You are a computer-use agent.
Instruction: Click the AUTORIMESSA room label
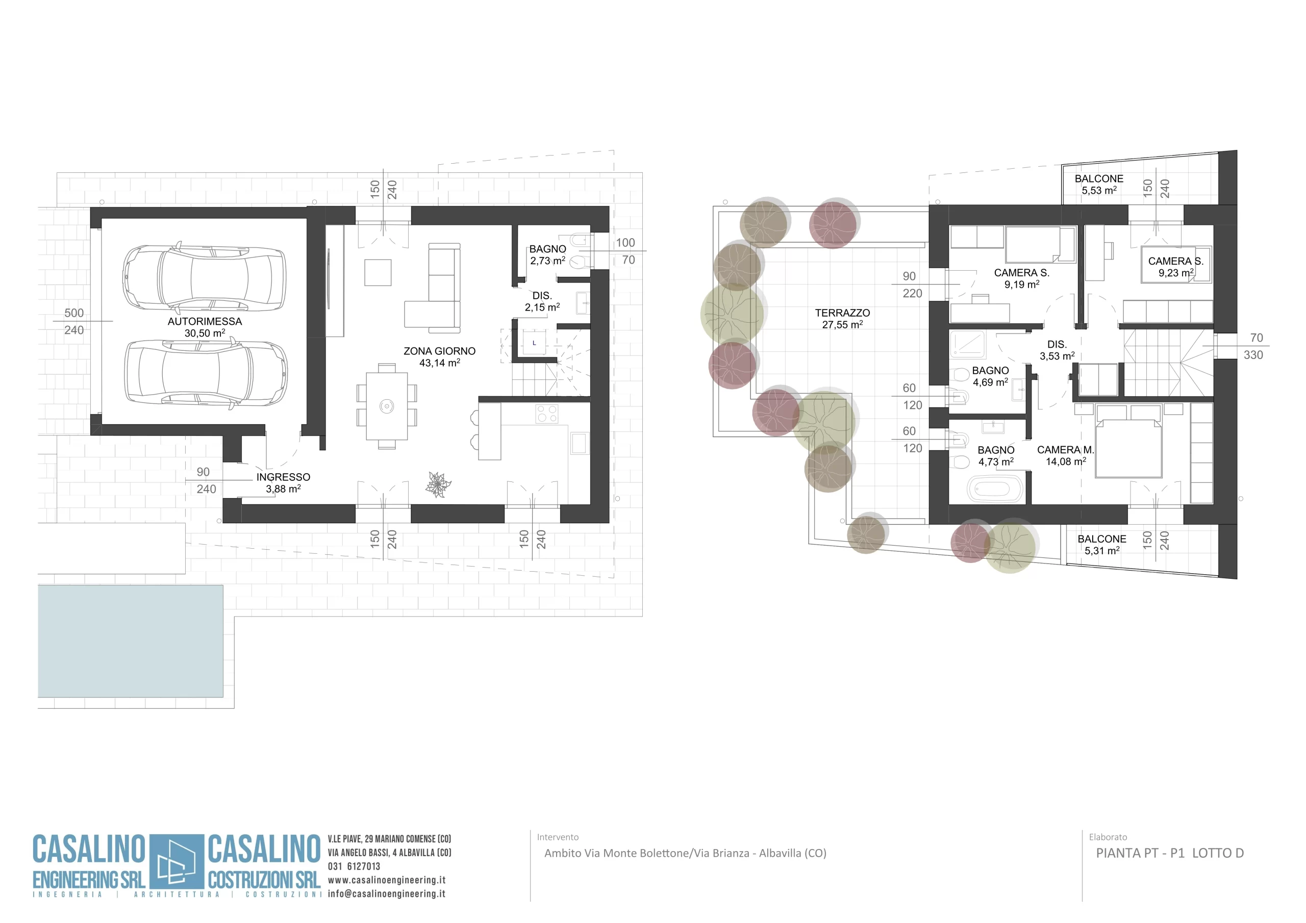coord(205,321)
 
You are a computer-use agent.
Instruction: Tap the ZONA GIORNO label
coord(440,351)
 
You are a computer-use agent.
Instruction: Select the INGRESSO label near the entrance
coord(283,477)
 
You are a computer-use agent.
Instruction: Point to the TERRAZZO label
coord(842,313)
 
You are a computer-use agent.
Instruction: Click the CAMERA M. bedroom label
coord(1065,450)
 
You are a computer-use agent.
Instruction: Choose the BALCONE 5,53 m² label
coord(1099,185)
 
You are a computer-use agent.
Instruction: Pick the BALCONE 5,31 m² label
coord(1102,545)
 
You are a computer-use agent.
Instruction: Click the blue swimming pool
coord(130,641)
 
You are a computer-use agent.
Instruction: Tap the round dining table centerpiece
coord(387,406)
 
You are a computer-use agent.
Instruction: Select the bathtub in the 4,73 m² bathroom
coord(996,490)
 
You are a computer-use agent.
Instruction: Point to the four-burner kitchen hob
coord(546,414)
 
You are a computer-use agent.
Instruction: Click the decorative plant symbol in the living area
coord(438,484)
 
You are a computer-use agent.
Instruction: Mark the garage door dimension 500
coord(74,313)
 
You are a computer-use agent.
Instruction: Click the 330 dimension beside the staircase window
coord(1253,355)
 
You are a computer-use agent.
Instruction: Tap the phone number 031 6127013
coord(354,866)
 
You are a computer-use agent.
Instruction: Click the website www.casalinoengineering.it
coord(387,880)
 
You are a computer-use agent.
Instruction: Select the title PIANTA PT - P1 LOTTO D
coord(1170,853)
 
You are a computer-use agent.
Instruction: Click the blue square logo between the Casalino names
coord(177,862)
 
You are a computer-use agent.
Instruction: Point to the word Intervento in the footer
coord(558,837)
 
